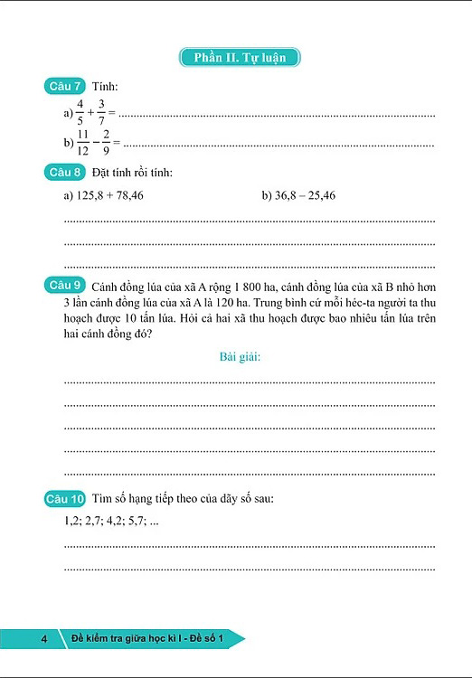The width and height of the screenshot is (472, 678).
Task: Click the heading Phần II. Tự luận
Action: coord(240,58)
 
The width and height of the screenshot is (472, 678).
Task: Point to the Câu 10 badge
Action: coord(65,499)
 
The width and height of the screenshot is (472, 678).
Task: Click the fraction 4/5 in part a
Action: coord(80,114)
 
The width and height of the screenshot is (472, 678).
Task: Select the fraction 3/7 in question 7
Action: coord(102,114)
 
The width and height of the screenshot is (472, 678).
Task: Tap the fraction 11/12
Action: coord(82,143)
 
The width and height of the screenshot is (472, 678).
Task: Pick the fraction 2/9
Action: coord(107,143)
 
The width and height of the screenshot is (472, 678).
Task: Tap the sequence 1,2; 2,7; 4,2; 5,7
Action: coord(106,522)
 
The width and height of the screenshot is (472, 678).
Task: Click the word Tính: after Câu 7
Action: coord(105,87)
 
